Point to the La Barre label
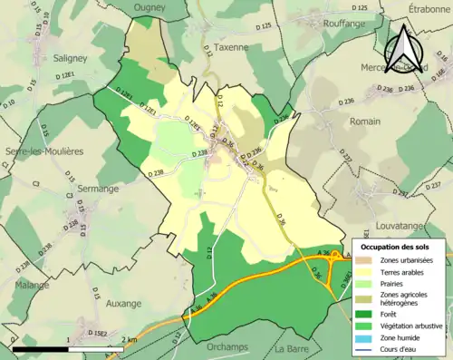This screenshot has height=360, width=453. point(292,348)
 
